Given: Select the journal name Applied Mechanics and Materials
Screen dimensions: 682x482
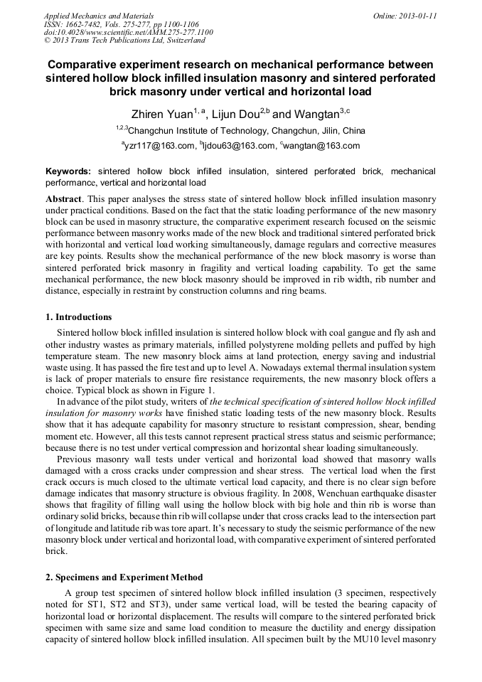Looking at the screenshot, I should coord(98,16).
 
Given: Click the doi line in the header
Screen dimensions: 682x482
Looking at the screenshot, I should coord(128,33).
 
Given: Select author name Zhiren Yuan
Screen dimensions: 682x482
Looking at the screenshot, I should coord(160,114).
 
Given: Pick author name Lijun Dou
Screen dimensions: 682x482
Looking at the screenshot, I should coord(233,114).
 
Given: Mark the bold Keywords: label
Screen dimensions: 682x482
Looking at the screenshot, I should coord(68,171).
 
